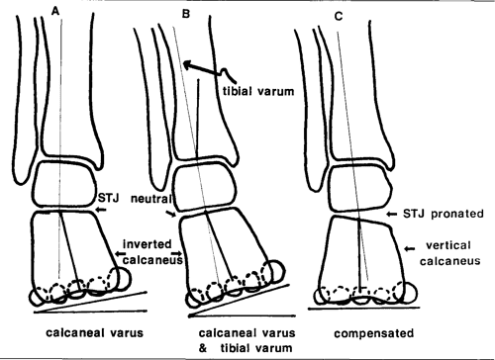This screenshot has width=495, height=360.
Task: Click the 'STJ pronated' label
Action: point(442,215)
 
